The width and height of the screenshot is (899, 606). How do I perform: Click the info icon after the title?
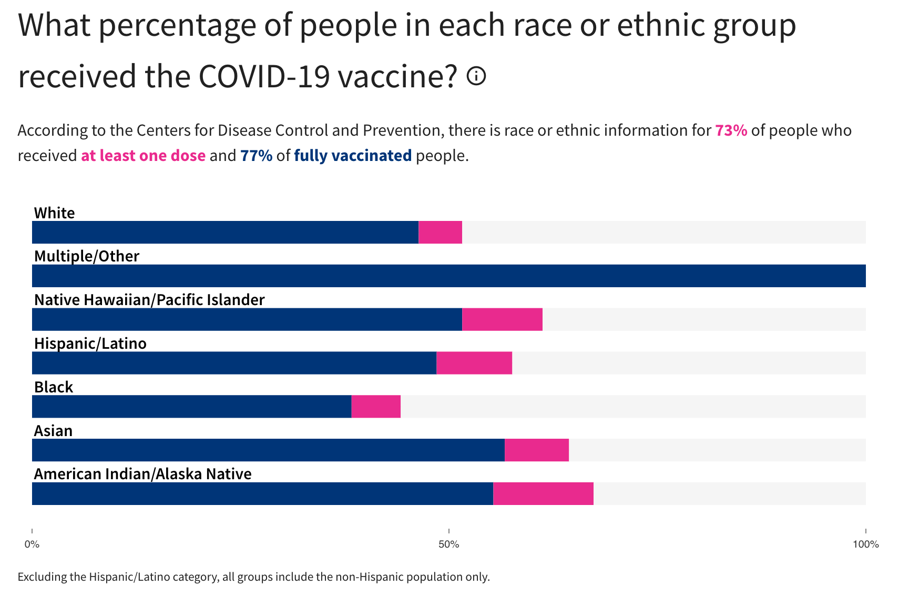tap(476, 76)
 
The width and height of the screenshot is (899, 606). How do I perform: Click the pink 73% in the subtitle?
tap(731, 130)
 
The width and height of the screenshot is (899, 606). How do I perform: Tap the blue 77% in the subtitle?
tap(256, 156)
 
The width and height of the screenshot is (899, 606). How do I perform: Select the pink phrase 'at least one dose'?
tap(143, 156)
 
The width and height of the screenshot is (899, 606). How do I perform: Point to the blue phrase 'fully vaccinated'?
tap(353, 156)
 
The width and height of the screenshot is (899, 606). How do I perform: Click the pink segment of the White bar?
tap(440, 232)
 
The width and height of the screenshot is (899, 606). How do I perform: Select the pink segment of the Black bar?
tap(376, 407)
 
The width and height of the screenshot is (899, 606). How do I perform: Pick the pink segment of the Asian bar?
tap(536, 450)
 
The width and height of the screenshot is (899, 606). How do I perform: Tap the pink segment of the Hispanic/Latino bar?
tap(474, 363)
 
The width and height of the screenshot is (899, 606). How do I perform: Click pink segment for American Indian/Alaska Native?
tap(543, 493)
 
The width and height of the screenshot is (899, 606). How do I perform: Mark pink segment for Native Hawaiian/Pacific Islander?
tap(502, 319)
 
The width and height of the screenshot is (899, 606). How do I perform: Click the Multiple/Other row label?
tap(87, 256)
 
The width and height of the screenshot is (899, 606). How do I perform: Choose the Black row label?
tap(54, 387)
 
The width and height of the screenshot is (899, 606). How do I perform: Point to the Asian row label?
tap(53, 431)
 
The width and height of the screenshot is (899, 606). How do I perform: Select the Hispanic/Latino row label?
tap(90, 344)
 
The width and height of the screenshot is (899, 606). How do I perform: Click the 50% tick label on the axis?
tap(449, 544)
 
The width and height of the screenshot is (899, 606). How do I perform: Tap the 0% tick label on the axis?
tap(32, 544)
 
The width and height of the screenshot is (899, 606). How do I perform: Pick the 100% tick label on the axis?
tap(865, 544)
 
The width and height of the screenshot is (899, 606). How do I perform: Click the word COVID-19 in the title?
tap(264, 76)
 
